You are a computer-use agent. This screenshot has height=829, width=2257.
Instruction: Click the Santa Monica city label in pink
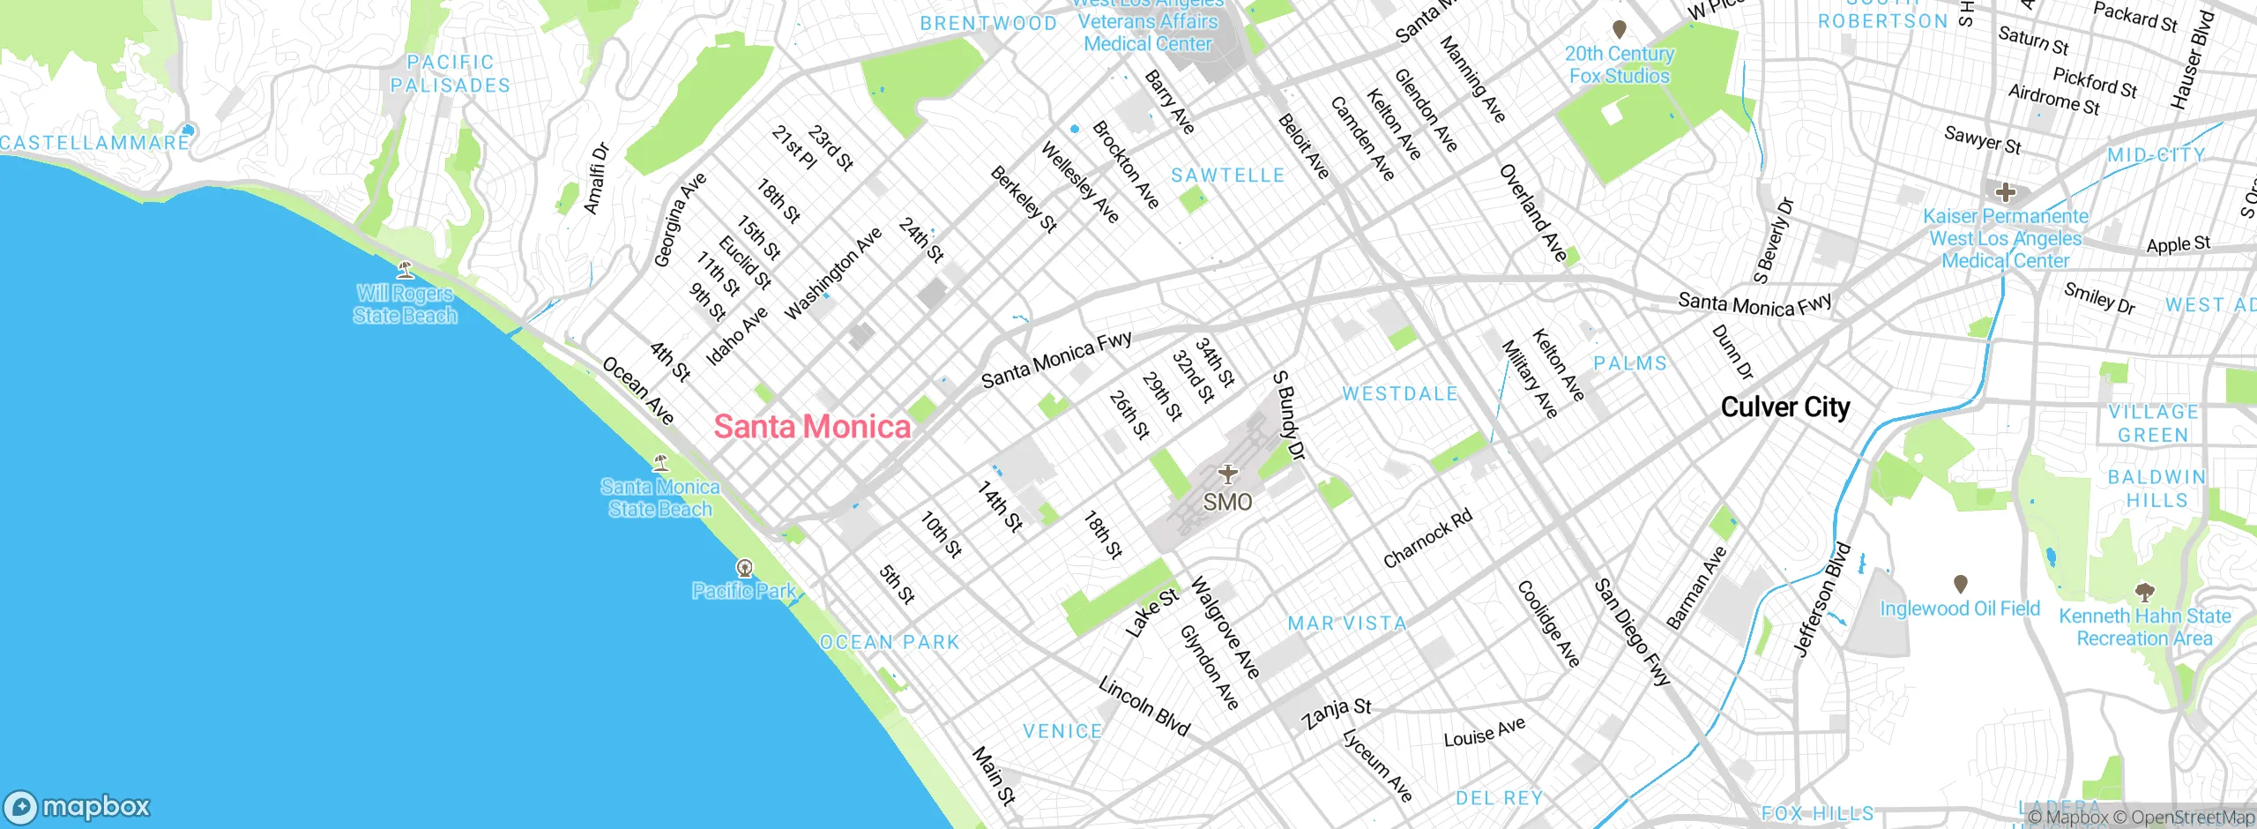812,427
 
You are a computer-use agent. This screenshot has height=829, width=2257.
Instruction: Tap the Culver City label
1785,407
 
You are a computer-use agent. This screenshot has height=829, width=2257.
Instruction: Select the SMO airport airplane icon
1227,474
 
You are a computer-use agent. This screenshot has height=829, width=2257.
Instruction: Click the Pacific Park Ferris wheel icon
745,567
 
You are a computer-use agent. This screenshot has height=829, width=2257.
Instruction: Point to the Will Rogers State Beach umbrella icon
406,269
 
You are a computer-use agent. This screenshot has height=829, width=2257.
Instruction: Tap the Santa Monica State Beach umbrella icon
660,462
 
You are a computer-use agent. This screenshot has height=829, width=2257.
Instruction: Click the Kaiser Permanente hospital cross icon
2005,192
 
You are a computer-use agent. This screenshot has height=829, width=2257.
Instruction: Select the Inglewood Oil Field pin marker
1960,584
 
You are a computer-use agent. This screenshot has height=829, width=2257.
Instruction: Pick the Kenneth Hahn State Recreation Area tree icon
2144,592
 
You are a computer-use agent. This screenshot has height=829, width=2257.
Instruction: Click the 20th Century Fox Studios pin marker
1619,30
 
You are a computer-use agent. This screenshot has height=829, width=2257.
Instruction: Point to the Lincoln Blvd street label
1144,706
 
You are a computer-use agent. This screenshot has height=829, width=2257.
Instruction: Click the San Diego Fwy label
1632,632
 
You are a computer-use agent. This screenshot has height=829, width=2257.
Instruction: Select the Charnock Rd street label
1427,539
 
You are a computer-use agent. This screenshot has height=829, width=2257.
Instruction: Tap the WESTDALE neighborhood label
1400,394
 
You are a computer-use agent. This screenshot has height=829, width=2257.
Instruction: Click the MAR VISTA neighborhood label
1347,624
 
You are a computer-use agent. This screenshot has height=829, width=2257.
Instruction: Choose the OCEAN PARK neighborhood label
890,642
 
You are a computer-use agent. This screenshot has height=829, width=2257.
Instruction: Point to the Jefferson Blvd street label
1822,600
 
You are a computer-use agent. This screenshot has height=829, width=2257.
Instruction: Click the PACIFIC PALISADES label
451,74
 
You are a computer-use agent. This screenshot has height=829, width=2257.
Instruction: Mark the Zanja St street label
1337,713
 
